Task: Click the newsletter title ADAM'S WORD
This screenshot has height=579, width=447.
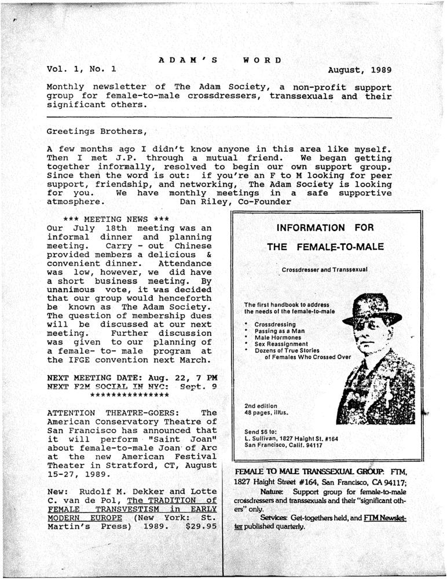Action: (220, 60)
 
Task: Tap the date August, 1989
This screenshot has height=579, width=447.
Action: (360, 71)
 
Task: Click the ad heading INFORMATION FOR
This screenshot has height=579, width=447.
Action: (325, 227)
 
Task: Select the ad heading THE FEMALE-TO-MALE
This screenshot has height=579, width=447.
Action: (325, 247)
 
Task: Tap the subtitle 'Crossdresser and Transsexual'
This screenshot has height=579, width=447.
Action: (325, 270)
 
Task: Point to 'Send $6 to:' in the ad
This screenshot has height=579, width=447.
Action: (261, 431)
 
